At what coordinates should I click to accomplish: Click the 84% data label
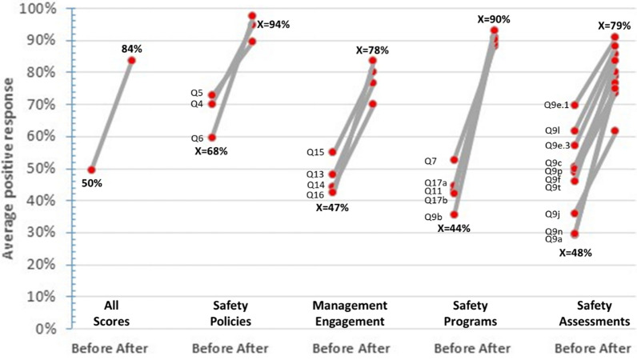[131, 49]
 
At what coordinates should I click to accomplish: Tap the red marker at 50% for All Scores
[92, 170]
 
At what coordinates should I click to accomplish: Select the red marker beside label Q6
[211, 138]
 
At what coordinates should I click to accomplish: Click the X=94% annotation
[274, 25]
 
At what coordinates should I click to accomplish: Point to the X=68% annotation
[210, 151]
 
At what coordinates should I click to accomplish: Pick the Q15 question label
[315, 152]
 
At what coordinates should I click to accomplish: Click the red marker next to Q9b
[454, 214]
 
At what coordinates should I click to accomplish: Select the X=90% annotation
[494, 19]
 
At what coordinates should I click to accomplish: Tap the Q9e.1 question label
[556, 106]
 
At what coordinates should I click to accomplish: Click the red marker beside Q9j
[575, 214]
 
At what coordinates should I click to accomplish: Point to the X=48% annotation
[575, 253]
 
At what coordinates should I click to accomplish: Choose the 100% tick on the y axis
[38, 9]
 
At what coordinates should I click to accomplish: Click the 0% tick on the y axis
[45, 328]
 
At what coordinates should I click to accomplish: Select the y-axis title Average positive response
[8, 169]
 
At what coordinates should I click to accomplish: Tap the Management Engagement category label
[350, 314]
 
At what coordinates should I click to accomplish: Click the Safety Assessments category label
[595, 314]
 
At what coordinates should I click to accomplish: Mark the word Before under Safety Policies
[209, 348]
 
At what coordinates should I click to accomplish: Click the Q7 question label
[431, 162]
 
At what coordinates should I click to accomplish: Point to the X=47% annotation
[332, 208]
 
